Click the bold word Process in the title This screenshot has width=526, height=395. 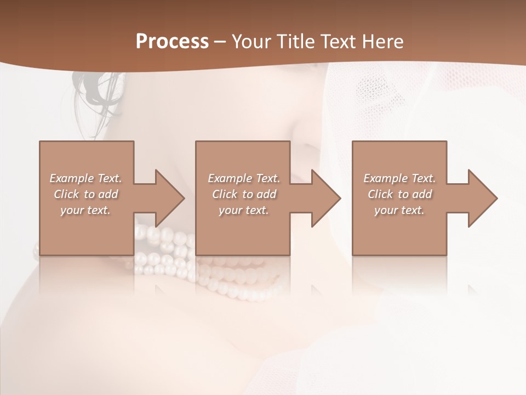click(172, 42)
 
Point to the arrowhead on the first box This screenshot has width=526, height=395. click(169, 198)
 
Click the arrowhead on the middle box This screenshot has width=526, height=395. click(325, 198)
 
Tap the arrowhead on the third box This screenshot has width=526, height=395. click(482, 198)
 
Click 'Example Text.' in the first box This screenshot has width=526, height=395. click(86, 178)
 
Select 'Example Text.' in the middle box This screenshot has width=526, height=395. click(244, 178)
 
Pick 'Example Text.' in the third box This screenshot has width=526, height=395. click(399, 178)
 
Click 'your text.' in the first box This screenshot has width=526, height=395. click(85, 210)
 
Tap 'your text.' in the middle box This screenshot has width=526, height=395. click(243, 210)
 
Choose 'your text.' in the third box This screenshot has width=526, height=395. click(399, 210)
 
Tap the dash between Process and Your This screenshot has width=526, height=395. click(220, 42)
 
